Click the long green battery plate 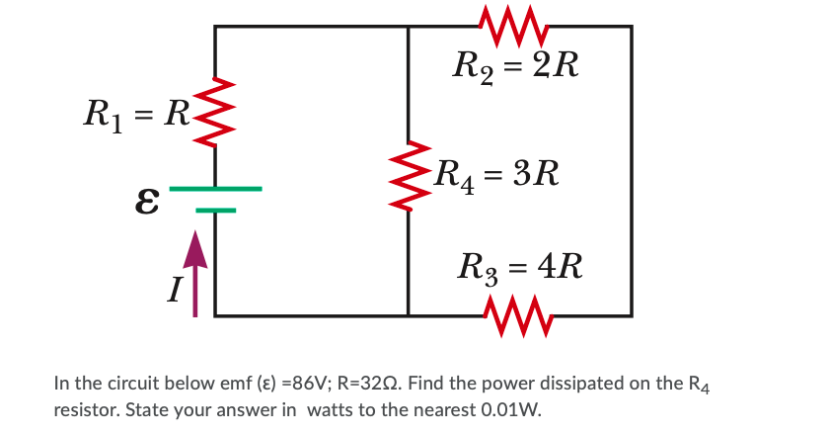(215, 188)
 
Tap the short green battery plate (215, 210)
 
